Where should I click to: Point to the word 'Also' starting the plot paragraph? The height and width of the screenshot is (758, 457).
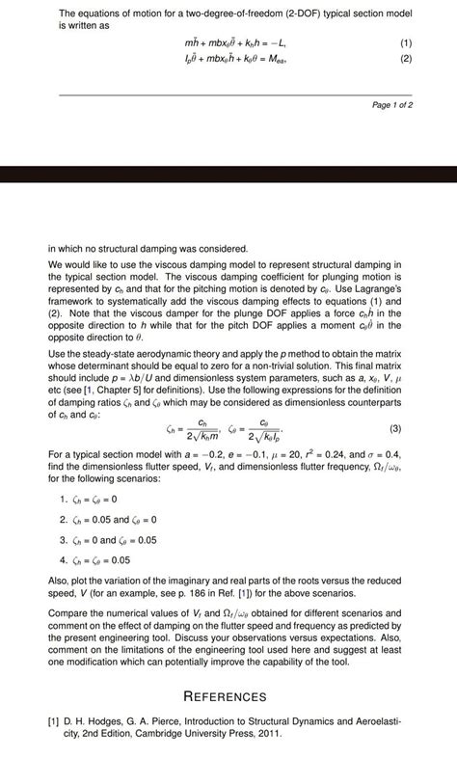click(x=58, y=580)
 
